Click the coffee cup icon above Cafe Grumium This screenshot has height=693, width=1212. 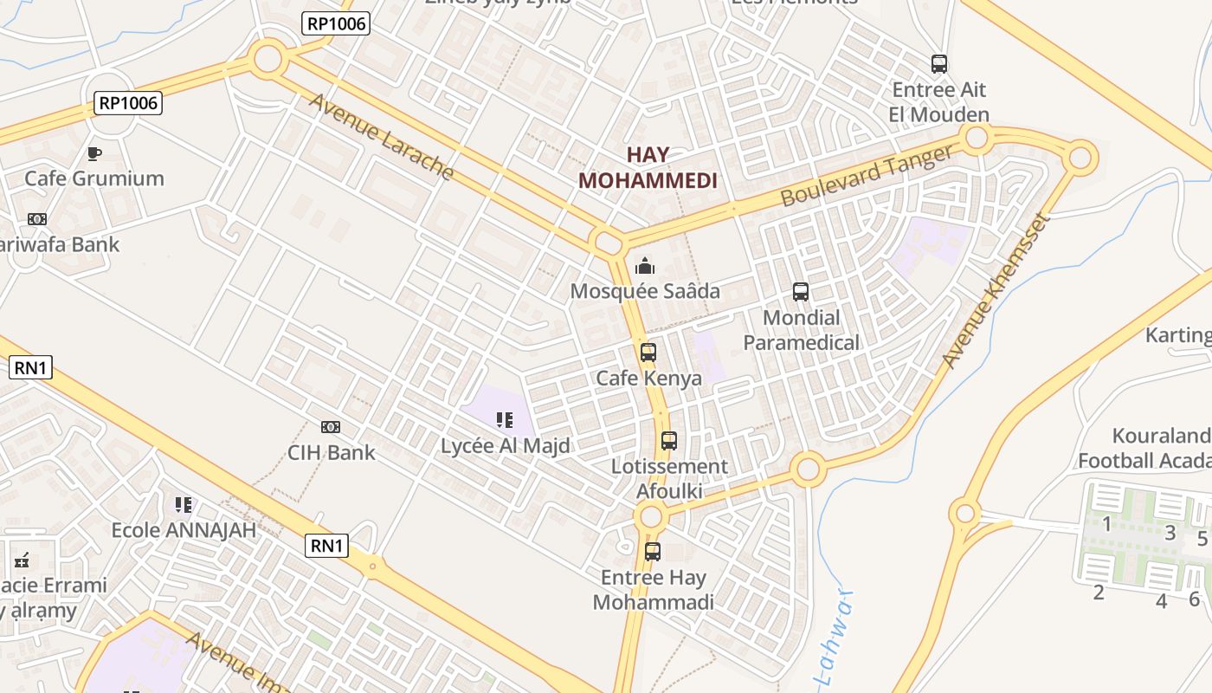click(x=94, y=154)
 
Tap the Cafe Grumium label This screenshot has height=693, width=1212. click(x=94, y=178)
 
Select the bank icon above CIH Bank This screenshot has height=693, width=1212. click(x=331, y=427)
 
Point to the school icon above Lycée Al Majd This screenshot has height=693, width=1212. click(x=505, y=421)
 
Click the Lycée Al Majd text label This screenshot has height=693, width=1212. click(x=506, y=446)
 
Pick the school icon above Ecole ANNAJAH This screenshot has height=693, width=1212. click(x=183, y=504)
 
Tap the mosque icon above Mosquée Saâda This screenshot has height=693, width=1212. click(x=644, y=266)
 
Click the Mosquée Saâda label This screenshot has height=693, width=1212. click(x=645, y=291)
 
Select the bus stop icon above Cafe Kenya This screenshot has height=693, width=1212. click(x=648, y=353)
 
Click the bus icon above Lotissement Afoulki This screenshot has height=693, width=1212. click(x=669, y=441)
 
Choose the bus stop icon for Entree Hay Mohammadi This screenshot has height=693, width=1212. click(x=653, y=552)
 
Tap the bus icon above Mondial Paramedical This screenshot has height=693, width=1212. click(x=801, y=292)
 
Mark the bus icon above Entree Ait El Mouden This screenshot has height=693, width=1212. click(x=939, y=63)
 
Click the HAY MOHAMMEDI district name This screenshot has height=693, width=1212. click(x=648, y=168)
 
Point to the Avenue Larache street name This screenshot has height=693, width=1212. click(x=381, y=137)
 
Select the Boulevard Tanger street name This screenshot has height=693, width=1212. click(x=866, y=176)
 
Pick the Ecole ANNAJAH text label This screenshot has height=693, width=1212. click(x=184, y=530)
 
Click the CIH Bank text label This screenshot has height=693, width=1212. click(x=332, y=452)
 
